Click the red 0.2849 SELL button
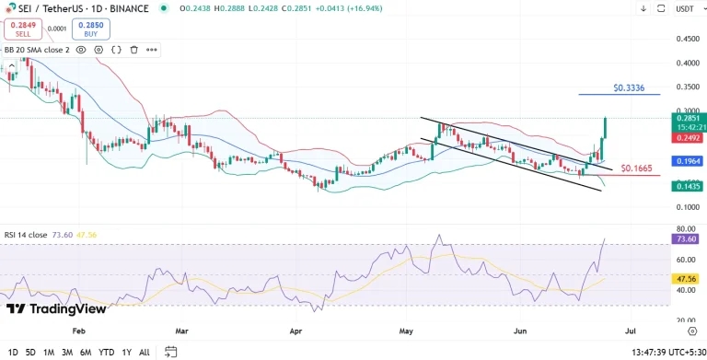click(x=22, y=29)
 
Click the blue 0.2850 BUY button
click(x=90, y=29)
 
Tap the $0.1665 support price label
click(x=637, y=169)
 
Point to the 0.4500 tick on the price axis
click(x=687, y=40)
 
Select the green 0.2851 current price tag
click(x=688, y=118)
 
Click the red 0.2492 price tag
click(x=688, y=138)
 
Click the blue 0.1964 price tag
click(x=688, y=160)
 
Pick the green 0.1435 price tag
click(x=688, y=186)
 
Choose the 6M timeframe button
click(x=85, y=352)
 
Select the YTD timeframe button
click(x=107, y=352)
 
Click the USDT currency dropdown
click(x=685, y=8)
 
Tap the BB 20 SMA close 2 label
click(x=36, y=50)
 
